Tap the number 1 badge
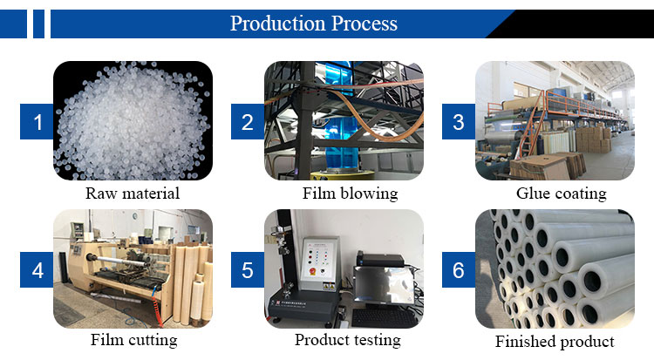[x=37, y=122]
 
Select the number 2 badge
[x=248, y=122]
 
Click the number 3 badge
[x=458, y=122]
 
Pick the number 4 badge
[x=37, y=270]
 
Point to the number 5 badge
[x=248, y=270]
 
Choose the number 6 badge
[x=458, y=270]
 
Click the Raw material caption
[x=133, y=194]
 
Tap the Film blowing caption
[x=349, y=194]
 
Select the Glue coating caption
[x=561, y=194]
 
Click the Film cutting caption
[x=133, y=340]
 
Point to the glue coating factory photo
[x=555, y=120]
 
